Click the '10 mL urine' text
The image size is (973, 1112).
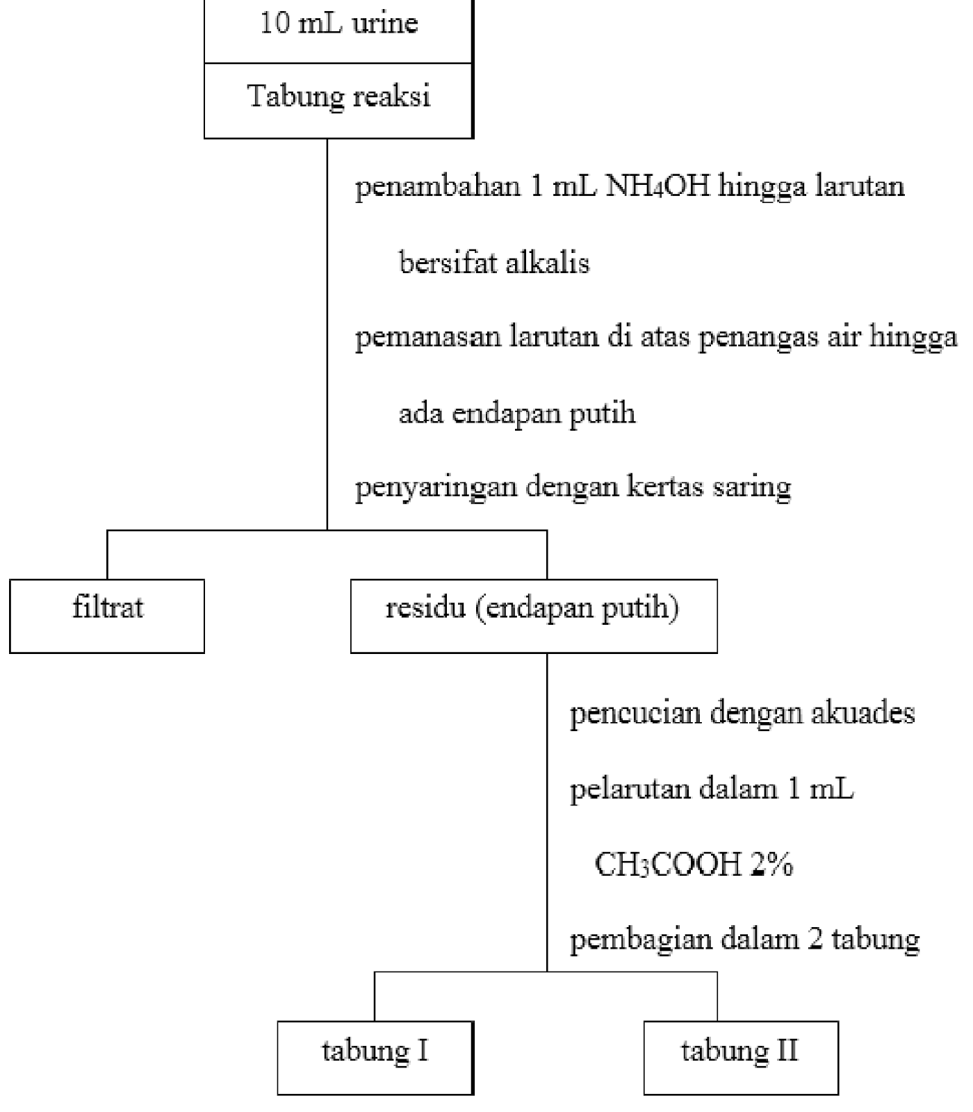pyautogui.click(x=339, y=24)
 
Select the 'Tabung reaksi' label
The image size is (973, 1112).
pyautogui.click(x=339, y=96)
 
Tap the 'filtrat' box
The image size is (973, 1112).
pyautogui.click(x=107, y=615)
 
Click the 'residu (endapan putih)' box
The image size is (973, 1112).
pyautogui.click(x=533, y=615)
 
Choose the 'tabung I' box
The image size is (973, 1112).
pyautogui.click(x=375, y=1056)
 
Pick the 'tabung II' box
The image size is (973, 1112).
pyautogui.click(x=740, y=1056)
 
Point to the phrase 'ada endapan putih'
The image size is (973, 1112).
pyautogui.click(x=517, y=414)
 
